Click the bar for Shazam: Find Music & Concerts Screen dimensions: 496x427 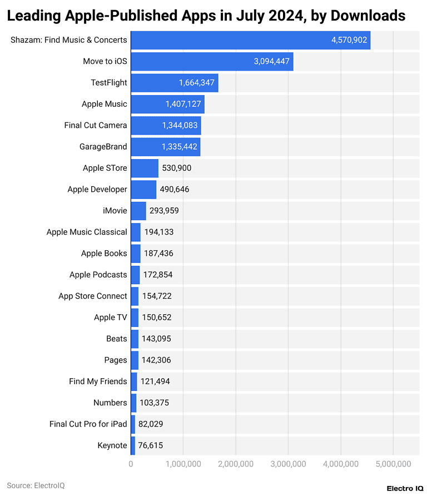click(x=250, y=40)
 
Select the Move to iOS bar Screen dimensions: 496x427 click(x=212, y=61)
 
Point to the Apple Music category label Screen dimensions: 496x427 click(x=104, y=104)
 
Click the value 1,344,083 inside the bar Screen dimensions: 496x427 click(x=180, y=126)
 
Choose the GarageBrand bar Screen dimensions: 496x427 click(x=165, y=147)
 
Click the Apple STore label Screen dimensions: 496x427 click(x=105, y=168)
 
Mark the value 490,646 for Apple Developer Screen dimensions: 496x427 click(x=175, y=190)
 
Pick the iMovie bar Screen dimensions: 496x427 click(x=138, y=211)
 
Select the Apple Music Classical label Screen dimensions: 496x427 click(x=87, y=232)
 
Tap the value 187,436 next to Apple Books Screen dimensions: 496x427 click(x=158, y=254)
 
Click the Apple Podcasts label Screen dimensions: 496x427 click(x=98, y=275)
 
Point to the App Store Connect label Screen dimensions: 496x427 click(x=93, y=296)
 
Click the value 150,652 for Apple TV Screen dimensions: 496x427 click(x=157, y=318)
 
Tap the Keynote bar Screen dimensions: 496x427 click(x=133, y=445)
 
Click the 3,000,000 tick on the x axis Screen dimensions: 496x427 click(x=288, y=464)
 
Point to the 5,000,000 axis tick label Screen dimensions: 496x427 click(x=393, y=464)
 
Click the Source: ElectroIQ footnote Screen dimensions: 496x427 click(x=36, y=485)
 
